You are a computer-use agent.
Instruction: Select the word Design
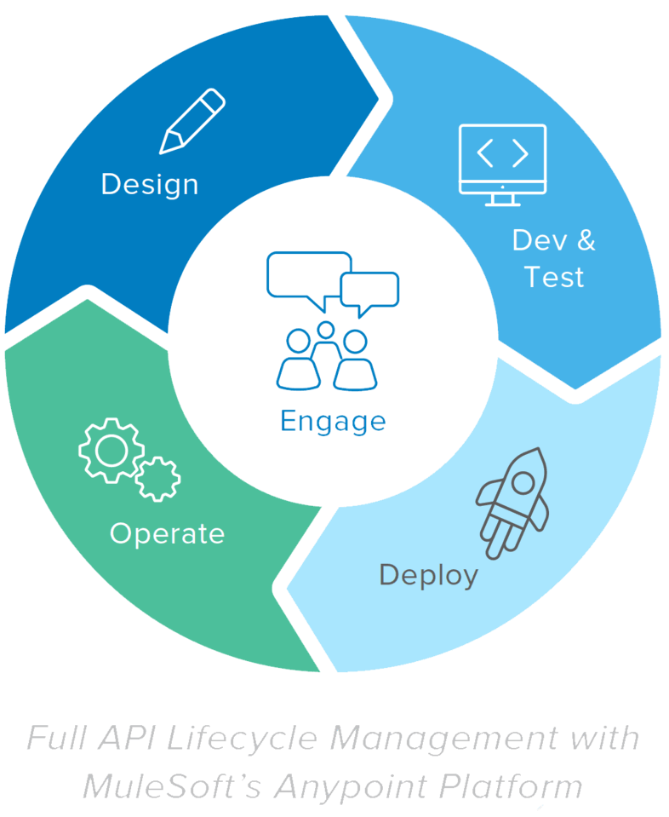click(150, 184)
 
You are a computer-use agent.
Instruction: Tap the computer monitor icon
click(502, 163)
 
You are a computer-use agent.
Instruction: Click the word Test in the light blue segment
click(554, 277)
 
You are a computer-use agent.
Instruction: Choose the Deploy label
click(428, 575)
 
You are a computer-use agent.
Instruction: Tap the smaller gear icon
click(158, 478)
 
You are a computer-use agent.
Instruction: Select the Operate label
click(167, 533)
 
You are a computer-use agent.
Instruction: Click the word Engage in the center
click(333, 421)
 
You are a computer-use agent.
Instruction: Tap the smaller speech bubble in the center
click(369, 291)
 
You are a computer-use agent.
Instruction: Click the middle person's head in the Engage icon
click(325, 329)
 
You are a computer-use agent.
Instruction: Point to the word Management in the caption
click(443, 737)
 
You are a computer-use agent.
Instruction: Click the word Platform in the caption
click(511, 785)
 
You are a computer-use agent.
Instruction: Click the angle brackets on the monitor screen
click(502, 153)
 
